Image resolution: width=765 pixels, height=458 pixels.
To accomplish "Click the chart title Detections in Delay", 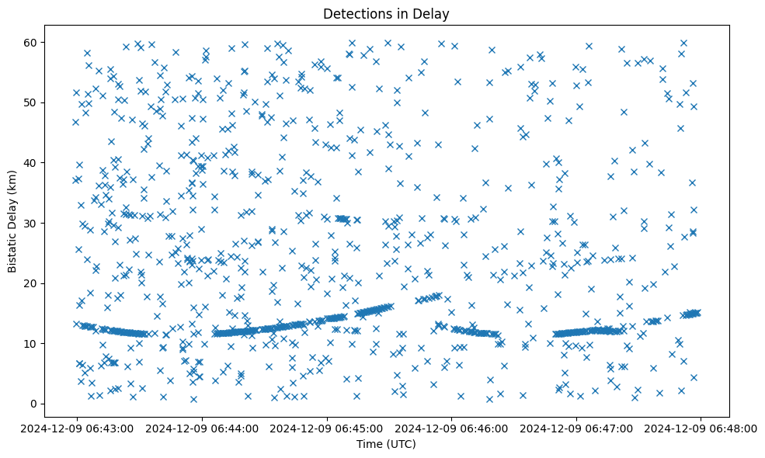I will click(x=386, y=13).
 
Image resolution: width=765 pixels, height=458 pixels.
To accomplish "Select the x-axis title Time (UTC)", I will click(x=386, y=444).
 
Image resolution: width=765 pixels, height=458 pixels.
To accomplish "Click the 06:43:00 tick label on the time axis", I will click(x=77, y=428).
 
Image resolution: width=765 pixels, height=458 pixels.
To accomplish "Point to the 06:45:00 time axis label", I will click(x=327, y=428).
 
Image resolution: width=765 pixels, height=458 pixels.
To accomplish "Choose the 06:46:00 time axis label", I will click(x=451, y=428).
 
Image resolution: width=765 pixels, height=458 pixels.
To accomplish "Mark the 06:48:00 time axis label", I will click(x=701, y=428).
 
